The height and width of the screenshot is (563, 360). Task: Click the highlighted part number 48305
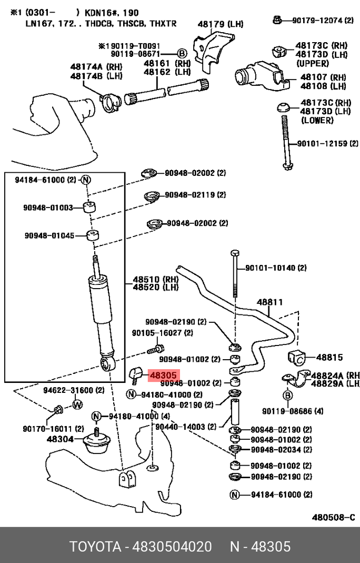(x=164, y=377)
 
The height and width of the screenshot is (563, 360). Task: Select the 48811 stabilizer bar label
(x=269, y=302)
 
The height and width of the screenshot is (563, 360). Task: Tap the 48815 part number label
(x=329, y=357)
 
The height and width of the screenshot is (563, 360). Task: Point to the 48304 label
(x=60, y=439)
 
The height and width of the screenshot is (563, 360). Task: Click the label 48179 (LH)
(x=221, y=24)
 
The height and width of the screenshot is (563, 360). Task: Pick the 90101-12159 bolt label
(x=322, y=143)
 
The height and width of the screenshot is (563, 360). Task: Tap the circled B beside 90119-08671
(x=182, y=54)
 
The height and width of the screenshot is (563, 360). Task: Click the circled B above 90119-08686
(x=287, y=396)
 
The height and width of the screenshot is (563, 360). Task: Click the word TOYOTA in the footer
(x=95, y=547)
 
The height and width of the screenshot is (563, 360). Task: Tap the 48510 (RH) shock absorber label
(x=155, y=279)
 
